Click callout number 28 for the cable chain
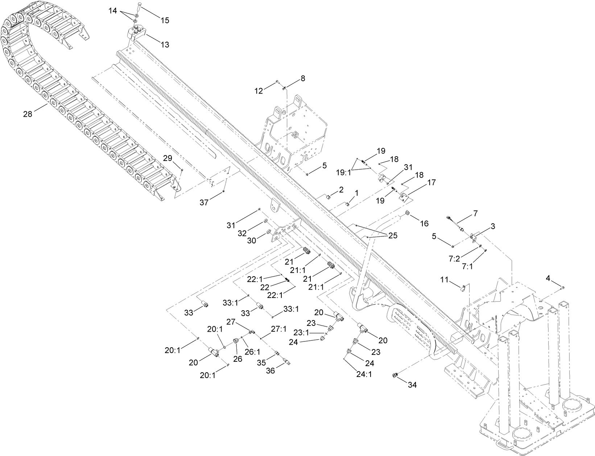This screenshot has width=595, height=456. [x=28, y=114]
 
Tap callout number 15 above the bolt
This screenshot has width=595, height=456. [x=165, y=21]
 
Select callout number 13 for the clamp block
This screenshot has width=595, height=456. [x=165, y=45]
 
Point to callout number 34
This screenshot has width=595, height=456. [x=412, y=385]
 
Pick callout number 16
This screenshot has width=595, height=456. [x=424, y=223]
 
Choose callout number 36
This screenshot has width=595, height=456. [x=271, y=370]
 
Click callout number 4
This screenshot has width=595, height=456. [x=548, y=278]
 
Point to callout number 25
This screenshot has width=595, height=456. [x=392, y=236]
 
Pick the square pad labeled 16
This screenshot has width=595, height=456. [x=407, y=213]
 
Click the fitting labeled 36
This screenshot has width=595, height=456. [x=287, y=361]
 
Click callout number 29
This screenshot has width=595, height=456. [x=167, y=158]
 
